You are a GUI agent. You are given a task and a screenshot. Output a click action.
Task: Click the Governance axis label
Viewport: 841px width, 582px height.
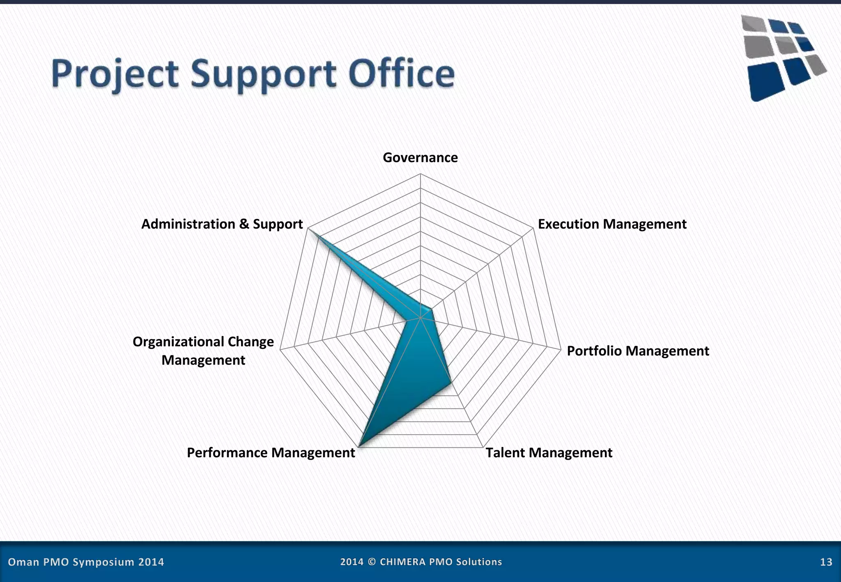pyautogui.click(x=420, y=158)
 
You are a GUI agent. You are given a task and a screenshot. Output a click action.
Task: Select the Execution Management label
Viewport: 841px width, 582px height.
pyautogui.click(x=612, y=224)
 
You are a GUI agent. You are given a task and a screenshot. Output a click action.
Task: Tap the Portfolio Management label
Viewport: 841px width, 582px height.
pyautogui.click(x=638, y=351)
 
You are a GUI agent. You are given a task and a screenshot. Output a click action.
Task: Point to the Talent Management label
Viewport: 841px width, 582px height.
pyautogui.click(x=549, y=453)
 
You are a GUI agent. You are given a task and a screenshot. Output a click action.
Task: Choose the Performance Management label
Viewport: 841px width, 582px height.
pyautogui.click(x=271, y=453)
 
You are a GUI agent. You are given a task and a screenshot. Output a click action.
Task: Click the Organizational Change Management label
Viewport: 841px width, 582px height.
pyautogui.click(x=203, y=351)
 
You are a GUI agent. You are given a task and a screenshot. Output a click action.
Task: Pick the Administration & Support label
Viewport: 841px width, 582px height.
pyautogui.click(x=222, y=224)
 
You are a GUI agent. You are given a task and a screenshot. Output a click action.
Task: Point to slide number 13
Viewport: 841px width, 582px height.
pyautogui.click(x=826, y=562)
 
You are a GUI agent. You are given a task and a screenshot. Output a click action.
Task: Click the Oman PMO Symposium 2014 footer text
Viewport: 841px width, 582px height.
pyautogui.click(x=86, y=562)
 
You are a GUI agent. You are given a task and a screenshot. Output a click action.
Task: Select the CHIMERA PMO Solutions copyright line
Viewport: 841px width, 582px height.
pyautogui.click(x=421, y=562)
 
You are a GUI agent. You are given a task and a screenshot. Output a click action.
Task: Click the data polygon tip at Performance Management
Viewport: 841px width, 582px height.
pyautogui.click(x=359, y=447)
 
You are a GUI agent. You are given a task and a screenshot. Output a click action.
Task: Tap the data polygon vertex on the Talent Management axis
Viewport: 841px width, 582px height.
pyautogui.click(x=451, y=383)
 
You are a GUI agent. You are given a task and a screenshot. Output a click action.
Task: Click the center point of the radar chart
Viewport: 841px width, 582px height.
pyautogui.click(x=420, y=317)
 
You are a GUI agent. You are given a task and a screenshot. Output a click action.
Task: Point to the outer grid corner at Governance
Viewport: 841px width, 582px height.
pyautogui.click(x=420, y=174)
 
